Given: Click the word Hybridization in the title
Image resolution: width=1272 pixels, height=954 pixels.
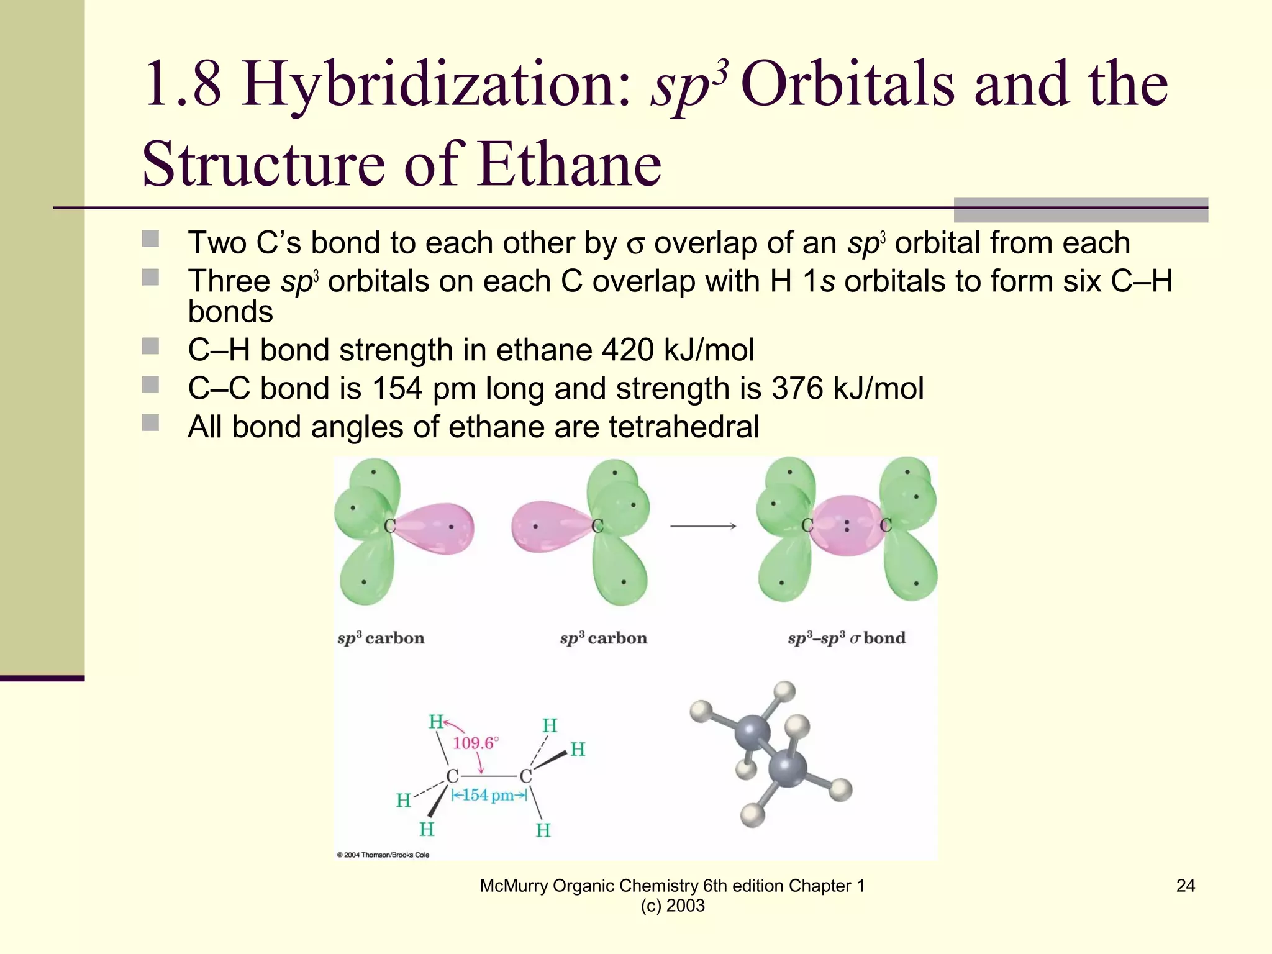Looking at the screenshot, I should [x=435, y=85].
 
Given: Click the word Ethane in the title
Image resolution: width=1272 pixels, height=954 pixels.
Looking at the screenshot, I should [x=570, y=164].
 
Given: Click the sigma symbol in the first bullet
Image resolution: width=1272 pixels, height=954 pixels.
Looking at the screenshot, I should [x=635, y=244].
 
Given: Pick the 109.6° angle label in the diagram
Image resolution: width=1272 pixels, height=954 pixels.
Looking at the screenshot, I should [x=475, y=743].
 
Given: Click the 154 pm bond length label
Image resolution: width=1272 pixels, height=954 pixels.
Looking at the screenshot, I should [x=489, y=795].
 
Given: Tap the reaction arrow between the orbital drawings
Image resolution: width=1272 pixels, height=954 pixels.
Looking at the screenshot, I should [x=703, y=526].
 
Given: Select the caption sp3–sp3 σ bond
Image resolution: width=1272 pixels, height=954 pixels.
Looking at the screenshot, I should [x=847, y=638].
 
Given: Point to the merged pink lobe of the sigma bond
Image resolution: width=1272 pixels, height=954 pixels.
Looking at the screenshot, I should [x=846, y=525].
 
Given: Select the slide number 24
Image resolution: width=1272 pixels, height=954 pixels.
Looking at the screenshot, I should [x=1185, y=886].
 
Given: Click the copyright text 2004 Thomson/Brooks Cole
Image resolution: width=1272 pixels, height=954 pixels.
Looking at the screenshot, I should [x=383, y=855].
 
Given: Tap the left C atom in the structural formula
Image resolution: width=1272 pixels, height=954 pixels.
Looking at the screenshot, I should [x=453, y=776].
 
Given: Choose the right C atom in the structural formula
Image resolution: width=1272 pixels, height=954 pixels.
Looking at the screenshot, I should [x=526, y=776].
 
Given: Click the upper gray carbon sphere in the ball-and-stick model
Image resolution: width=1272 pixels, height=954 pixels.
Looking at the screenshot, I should [x=752, y=732].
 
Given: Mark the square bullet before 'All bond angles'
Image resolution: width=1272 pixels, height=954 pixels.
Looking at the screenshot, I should [x=150, y=423].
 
